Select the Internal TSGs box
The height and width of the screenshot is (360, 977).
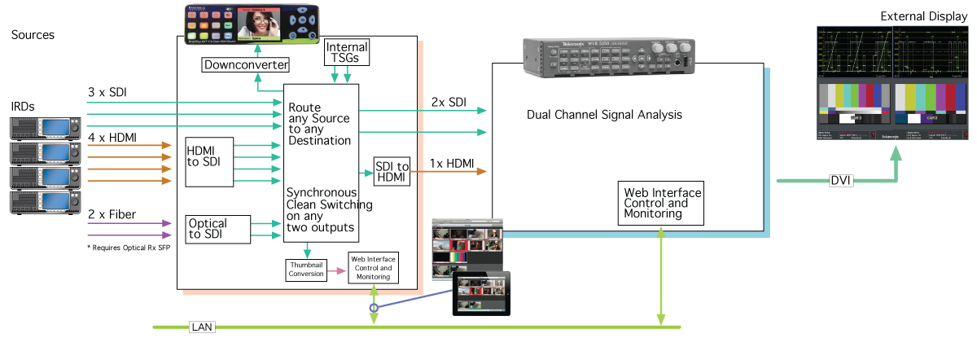(347, 53)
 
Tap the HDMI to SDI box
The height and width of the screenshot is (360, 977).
(209, 158)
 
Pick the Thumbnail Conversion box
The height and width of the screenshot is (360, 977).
(306, 270)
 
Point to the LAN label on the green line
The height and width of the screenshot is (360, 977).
(200, 327)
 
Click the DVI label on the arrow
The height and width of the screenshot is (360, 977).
(841, 180)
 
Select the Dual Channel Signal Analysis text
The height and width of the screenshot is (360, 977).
(604, 115)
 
